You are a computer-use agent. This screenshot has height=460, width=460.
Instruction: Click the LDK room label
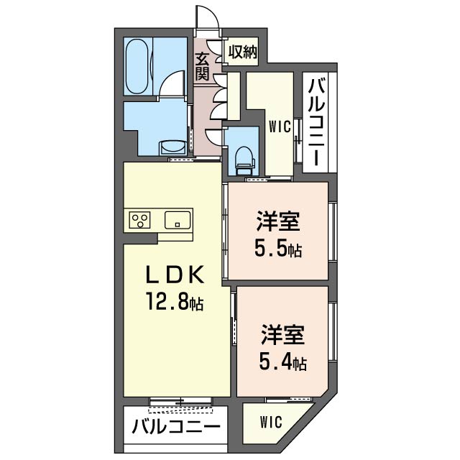[176, 275]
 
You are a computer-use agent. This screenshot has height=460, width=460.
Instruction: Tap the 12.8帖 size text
[176, 303]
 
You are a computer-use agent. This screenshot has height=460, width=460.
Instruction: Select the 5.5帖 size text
[277, 249]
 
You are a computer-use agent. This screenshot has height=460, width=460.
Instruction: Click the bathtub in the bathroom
[137, 65]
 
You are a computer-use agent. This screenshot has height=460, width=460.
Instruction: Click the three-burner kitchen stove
[140, 220]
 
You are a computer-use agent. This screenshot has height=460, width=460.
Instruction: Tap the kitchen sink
[177, 220]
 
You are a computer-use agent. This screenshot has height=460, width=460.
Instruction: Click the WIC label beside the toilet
[280, 127]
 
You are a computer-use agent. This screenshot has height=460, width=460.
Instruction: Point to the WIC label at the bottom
[272, 421]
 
